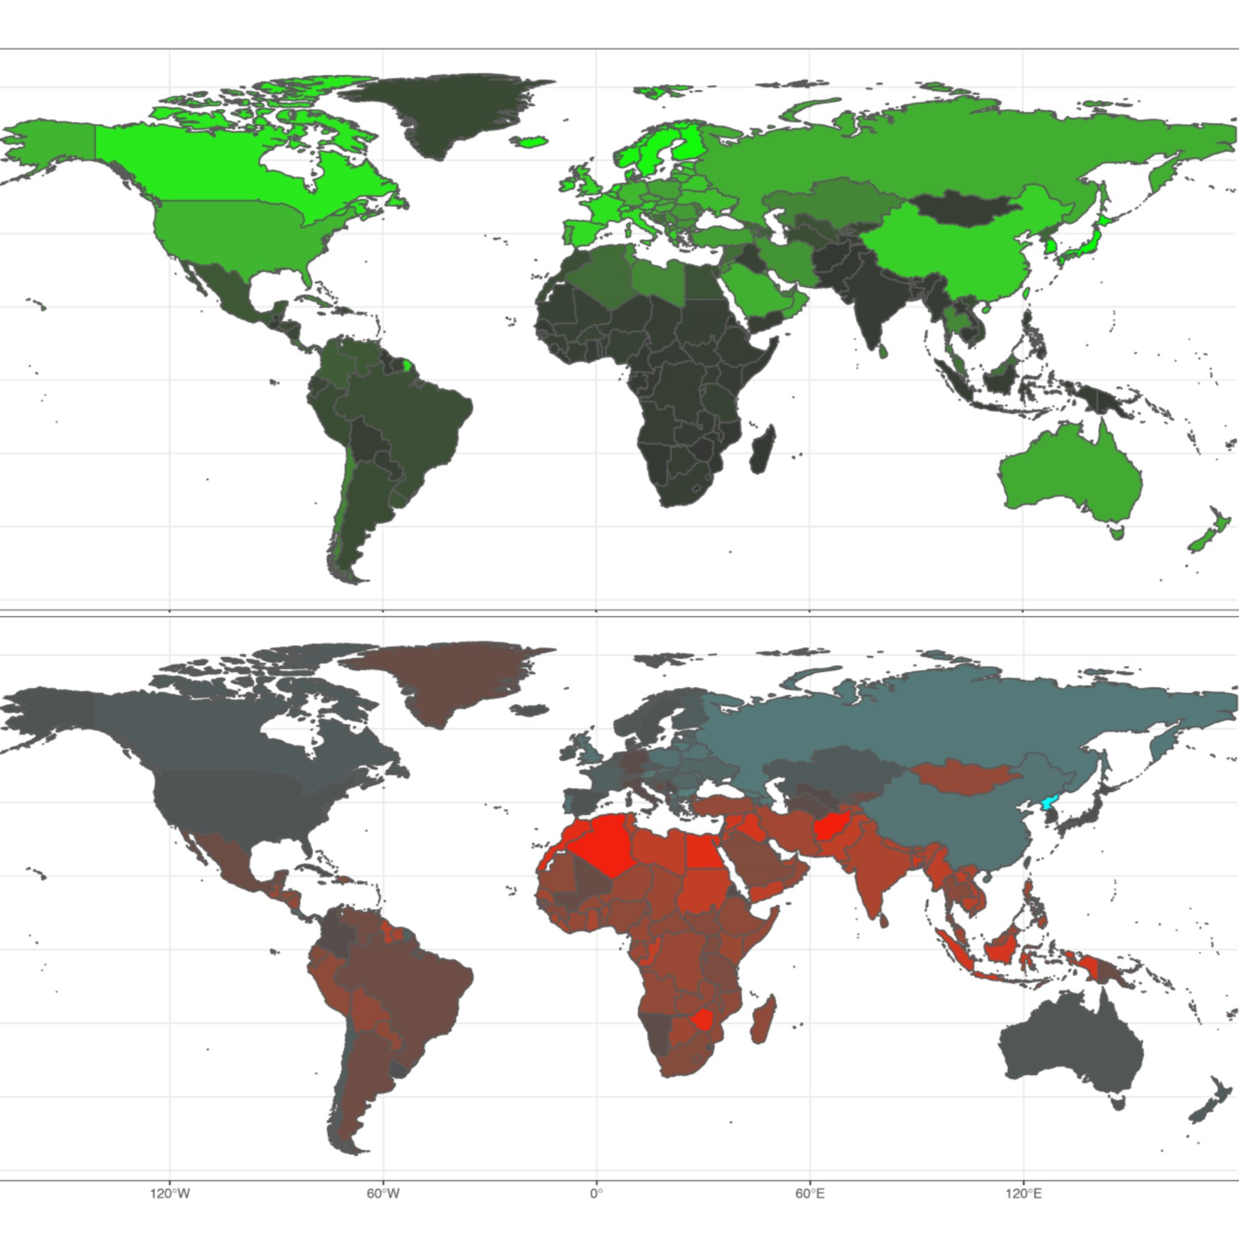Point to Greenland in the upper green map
coord(444,111)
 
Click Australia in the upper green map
coord(1068,479)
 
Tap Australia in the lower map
coord(1068,1047)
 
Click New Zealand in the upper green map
coord(1210,531)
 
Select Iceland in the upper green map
coord(529,142)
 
